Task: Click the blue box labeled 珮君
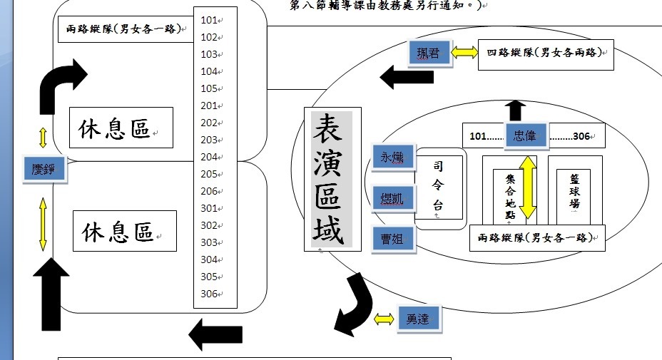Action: [x=430, y=53]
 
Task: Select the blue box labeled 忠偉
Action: [x=526, y=135]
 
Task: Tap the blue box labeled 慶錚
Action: [x=44, y=169]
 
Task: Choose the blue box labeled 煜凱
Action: [x=392, y=197]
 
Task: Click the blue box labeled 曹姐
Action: [x=392, y=239]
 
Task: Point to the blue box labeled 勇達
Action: [x=419, y=319]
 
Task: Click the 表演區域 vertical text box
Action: [x=332, y=179]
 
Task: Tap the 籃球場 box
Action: [x=574, y=191]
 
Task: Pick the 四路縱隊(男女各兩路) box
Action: [x=546, y=53]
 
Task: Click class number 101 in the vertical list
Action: [x=209, y=20]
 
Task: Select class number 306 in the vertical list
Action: [x=209, y=294]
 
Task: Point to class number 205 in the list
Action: [x=209, y=174]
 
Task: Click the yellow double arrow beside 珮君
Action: [x=464, y=53]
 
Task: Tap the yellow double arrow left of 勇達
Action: [x=384, y=319]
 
